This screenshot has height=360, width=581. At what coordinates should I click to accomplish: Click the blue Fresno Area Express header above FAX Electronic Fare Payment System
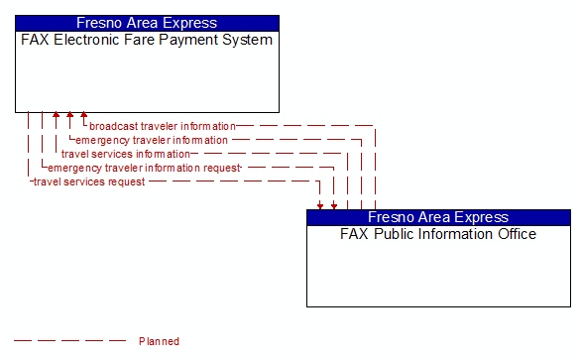[x=147, y=23]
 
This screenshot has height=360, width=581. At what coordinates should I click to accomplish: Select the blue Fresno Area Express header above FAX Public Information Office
[x=438, y=217]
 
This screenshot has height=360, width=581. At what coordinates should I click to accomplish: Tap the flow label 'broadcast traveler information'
[x=163, y=126]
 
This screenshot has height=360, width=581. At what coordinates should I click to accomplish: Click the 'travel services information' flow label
[x=125, y=154]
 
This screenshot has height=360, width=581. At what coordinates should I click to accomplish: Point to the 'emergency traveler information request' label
[x=145, y=168]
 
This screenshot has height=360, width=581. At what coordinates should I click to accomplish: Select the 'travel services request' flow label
[x=89, y=181]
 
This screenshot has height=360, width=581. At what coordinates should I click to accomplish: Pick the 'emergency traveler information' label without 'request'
[x=152, y=140]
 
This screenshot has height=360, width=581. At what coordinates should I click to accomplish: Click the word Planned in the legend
[x=159, y=341]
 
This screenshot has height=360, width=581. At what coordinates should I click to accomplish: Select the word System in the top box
[x=248, y=41]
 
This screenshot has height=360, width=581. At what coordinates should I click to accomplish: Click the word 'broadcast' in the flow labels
[x=113, y=126]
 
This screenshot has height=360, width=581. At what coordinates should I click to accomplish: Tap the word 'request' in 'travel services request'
[x=125, y=181]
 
